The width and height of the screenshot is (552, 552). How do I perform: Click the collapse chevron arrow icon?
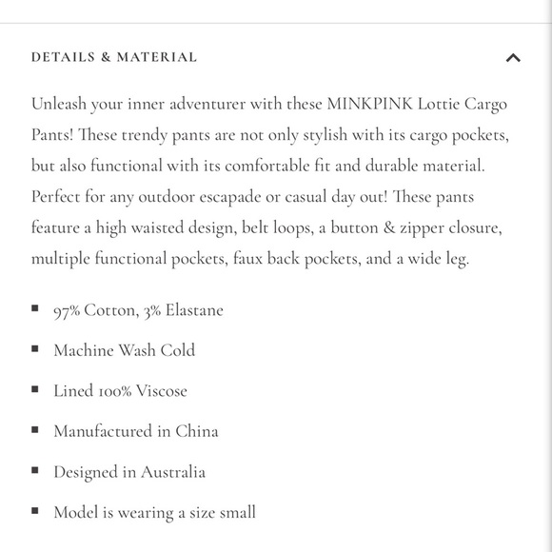pos(513,58)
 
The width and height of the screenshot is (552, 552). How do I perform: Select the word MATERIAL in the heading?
pos(157,57)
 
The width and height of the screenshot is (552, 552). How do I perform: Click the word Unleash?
pos(59,104)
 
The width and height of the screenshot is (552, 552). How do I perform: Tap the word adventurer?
pos(187,104)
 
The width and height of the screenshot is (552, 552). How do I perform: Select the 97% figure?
pos(68,310)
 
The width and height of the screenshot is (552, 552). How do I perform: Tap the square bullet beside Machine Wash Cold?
pos(35,349)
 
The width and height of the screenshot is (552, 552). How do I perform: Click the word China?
pos(197,431)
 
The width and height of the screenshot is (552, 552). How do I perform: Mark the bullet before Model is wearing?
pos(35,511)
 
